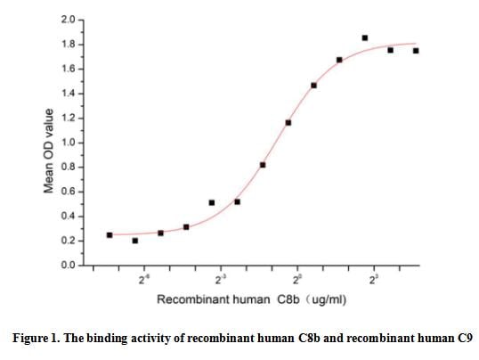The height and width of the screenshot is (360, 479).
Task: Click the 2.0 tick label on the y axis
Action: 69,20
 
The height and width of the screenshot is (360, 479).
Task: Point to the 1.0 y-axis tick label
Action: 69,143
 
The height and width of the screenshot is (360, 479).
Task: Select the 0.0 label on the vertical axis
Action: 69,266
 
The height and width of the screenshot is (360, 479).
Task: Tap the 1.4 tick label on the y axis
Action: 69,94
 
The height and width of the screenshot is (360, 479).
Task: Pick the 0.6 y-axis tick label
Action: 69,192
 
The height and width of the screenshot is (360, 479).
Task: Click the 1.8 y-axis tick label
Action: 69,45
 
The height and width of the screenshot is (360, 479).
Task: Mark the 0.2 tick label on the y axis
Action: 69,241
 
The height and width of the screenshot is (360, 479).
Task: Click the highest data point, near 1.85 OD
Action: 365,38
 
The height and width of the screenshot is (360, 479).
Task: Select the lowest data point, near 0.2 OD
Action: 134,241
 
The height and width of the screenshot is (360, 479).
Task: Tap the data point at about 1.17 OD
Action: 288,122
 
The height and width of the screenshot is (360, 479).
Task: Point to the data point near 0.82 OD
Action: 263,165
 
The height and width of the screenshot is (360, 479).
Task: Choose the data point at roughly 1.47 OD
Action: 313,86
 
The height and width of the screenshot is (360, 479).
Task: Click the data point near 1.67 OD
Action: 339,60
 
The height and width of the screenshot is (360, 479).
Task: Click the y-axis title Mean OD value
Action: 51,151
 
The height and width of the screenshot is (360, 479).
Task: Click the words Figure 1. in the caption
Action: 39,339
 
